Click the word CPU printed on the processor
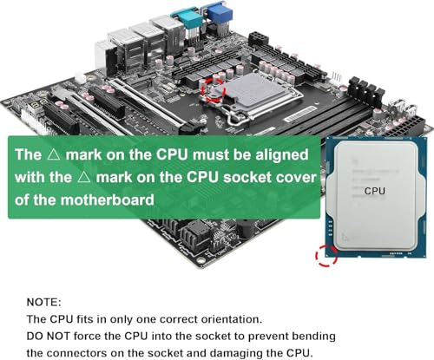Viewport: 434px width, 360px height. pos(375,191)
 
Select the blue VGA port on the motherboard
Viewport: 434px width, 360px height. pos(217,13)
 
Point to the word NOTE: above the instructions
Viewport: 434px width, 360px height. pos(44,302)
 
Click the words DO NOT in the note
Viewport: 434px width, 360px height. pos(49,336)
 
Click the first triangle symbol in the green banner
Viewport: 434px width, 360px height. pos(54,154)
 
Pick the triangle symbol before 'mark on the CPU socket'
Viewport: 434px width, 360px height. pos(84,177)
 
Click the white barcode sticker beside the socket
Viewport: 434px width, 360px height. pos(299,114)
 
